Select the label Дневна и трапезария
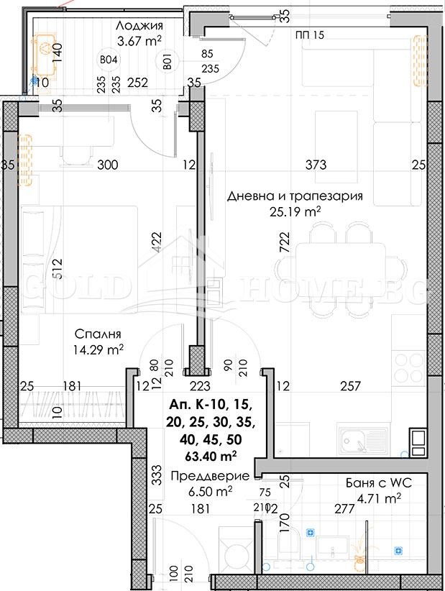295,196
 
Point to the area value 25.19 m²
295,211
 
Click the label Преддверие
210,476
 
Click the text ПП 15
310,35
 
